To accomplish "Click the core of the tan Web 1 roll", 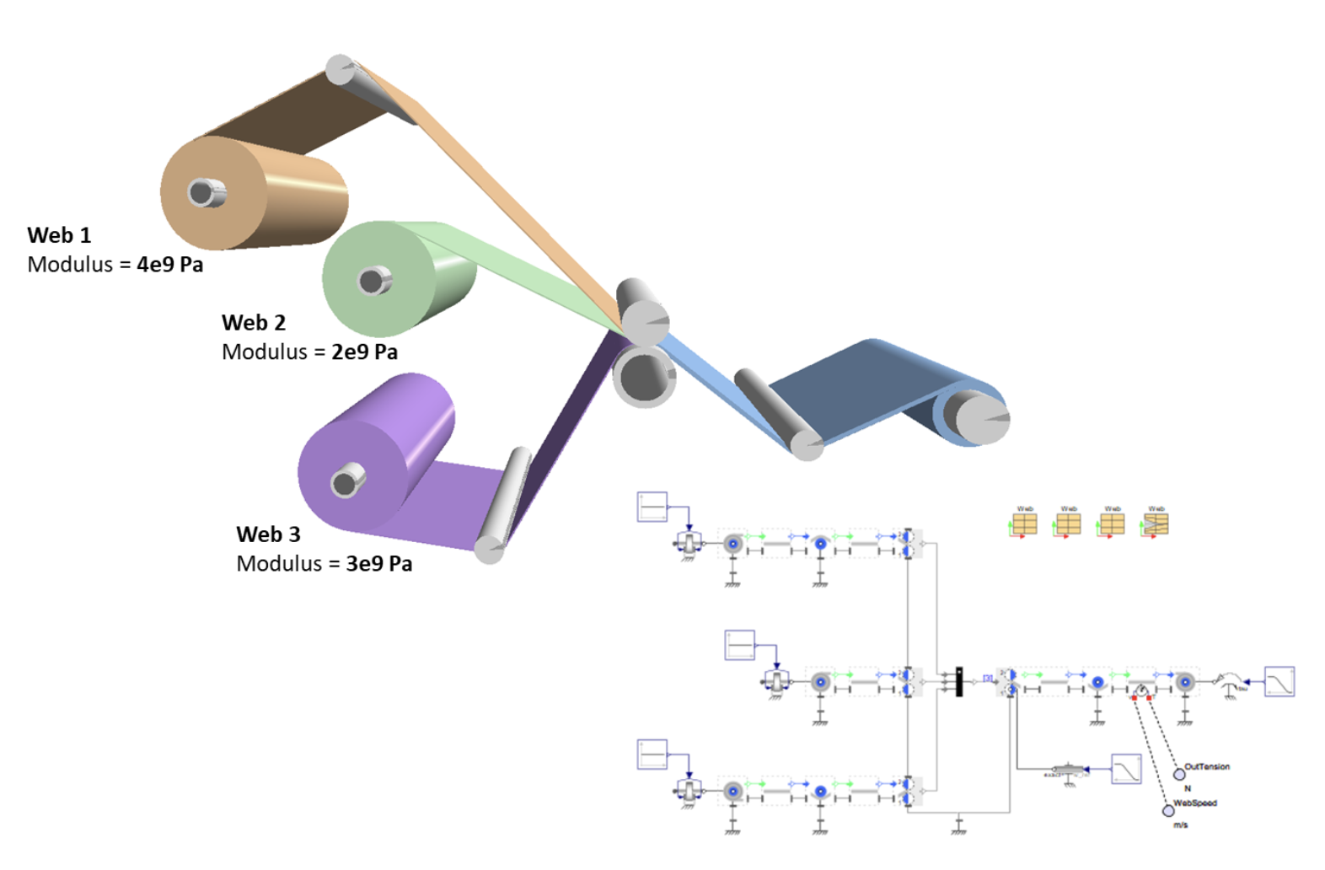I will pos(201,192).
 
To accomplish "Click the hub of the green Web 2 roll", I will pos(372,280).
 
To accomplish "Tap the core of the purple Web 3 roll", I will pos(344,483).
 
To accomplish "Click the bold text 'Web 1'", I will pos(59,235).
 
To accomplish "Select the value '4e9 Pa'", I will pos(169,265).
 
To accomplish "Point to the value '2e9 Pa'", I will pos(364,352).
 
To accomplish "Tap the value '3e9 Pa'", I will pos(378,564).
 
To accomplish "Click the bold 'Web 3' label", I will pos(268,534).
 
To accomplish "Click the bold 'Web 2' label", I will pos(254,323).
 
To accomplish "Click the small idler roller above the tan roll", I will pos(341,70).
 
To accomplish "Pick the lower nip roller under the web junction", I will pos(644,377).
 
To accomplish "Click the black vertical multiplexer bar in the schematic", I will pos(959,682).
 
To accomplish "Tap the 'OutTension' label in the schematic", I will pos(1207,766).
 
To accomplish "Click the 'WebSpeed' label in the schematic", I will pos(1194,803).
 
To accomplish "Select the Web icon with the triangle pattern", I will pos(1156,524).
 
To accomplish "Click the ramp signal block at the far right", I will pos(1279,681).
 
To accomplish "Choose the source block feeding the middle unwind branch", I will pos(740,645).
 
